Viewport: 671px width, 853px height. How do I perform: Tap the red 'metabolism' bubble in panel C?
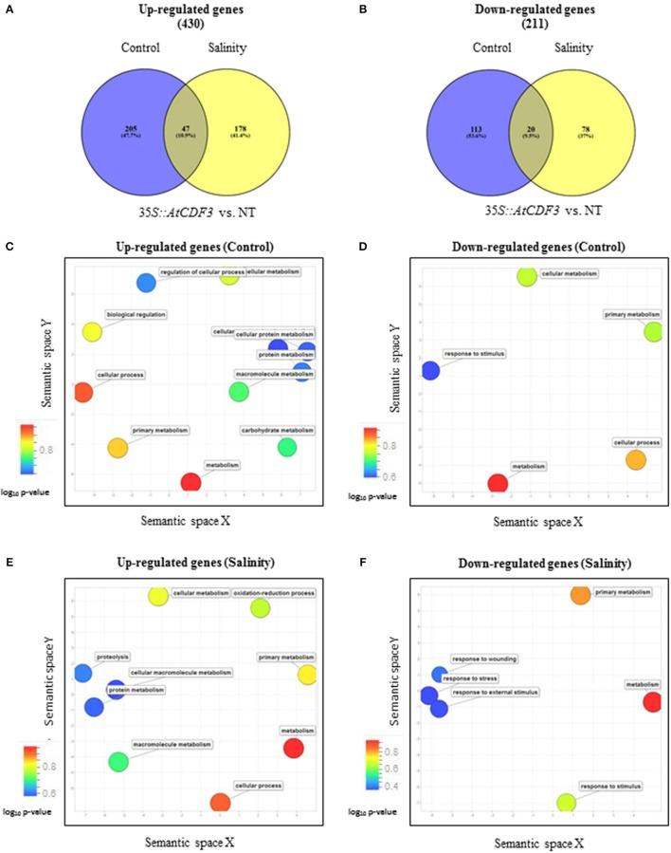point(190,482)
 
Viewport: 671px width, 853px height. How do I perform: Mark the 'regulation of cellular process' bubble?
point(146,282)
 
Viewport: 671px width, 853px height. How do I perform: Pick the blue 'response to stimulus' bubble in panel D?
point(430,370)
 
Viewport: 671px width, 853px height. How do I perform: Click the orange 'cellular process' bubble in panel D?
point(636,460)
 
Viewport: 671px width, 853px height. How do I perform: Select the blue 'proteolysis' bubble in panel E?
point(82,673)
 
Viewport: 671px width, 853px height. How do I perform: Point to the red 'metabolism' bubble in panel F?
point(651,702)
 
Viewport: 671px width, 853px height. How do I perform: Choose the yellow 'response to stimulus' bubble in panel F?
point(566,803)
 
